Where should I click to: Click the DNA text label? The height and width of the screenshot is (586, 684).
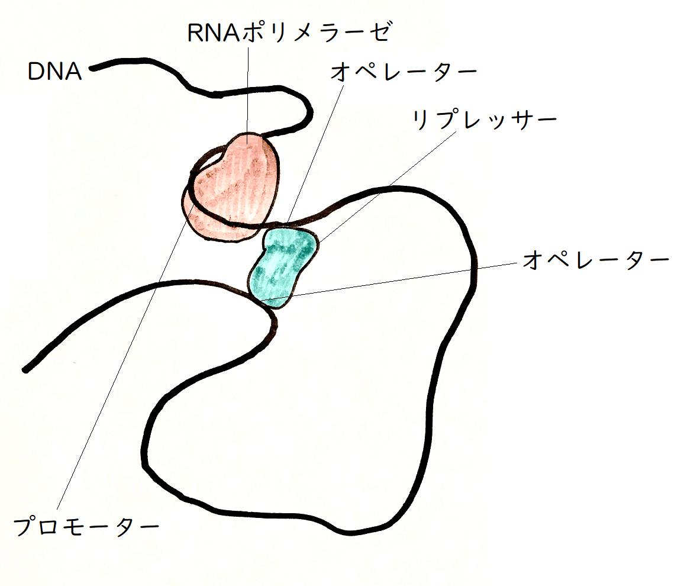coord(54,72)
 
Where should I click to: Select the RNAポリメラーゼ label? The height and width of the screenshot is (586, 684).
coord(289,33)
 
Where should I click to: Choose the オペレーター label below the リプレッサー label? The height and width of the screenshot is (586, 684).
coord(595,261)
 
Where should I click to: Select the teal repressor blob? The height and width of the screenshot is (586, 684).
coord(282,266)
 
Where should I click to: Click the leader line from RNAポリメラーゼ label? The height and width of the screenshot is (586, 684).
coord(247,89)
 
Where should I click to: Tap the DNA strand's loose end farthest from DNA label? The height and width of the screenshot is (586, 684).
coord(25,370)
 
